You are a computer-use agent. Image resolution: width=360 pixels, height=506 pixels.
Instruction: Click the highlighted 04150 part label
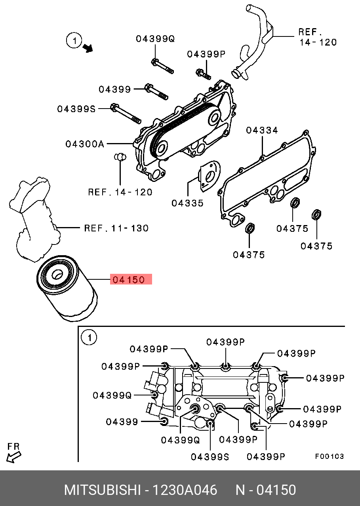[x=131, y=280]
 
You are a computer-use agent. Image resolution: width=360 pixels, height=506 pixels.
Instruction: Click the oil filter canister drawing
[x=65, y=291]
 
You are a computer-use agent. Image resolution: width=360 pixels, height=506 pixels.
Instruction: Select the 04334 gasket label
[x=262, y=130]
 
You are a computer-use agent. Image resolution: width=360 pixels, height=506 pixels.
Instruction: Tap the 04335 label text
[x=187, y=203]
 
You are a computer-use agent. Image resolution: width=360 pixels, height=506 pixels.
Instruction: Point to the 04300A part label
[x=85, y=144]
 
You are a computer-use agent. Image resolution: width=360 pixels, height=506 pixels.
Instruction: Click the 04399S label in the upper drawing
[x=76, y=109]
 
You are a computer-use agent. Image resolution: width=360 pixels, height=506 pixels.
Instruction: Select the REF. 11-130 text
[x=116, y=228]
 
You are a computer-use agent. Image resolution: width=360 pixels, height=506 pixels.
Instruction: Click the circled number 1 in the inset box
[x=89, y=338]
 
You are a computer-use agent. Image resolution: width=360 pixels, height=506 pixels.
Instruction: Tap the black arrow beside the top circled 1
[x=88, y=48]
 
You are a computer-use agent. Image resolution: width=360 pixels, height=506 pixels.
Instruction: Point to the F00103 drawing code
[x=329, y=456]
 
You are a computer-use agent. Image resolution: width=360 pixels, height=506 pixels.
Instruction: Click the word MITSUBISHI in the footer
[x=102, y=490]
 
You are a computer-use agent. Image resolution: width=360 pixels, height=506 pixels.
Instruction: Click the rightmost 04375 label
[x=316, y=246]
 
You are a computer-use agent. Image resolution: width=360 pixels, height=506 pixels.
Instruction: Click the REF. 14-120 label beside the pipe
[x=317, y=37]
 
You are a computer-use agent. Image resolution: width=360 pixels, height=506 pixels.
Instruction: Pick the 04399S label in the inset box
[x=210, y=457]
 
